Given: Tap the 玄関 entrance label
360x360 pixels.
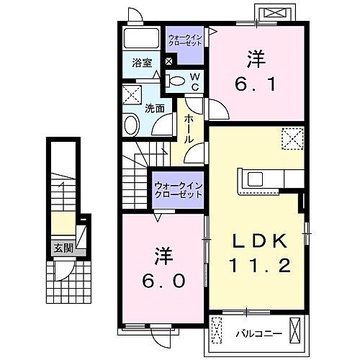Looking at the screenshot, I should point(63,248).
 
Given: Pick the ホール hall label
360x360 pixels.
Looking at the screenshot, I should point(189,128).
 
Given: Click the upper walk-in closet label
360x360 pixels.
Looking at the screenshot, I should point(185,40).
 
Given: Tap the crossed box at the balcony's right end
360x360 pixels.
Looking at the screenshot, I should point(295,332).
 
